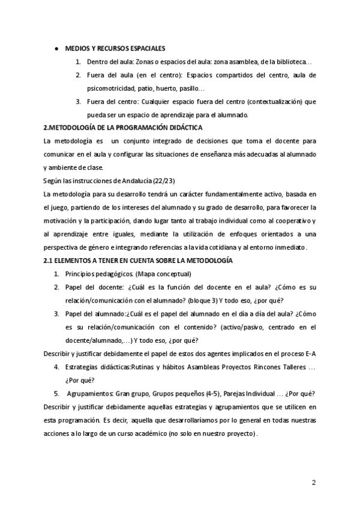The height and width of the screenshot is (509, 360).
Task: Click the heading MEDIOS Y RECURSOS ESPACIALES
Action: click(115, 48)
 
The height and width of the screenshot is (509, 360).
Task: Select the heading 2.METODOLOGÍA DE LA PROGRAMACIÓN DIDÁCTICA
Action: click(124, 128)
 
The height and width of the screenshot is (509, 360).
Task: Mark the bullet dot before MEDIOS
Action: click(56, 48)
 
